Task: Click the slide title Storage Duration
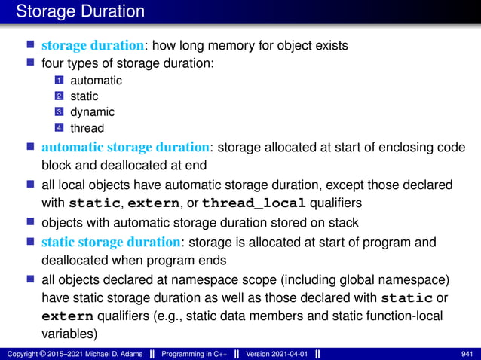(80, 11)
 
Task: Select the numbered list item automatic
(96, 80)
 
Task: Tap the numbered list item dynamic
(93, 112)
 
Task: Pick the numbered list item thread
(87, 128)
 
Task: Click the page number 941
(467, 353)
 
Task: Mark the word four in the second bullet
(53, 64)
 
